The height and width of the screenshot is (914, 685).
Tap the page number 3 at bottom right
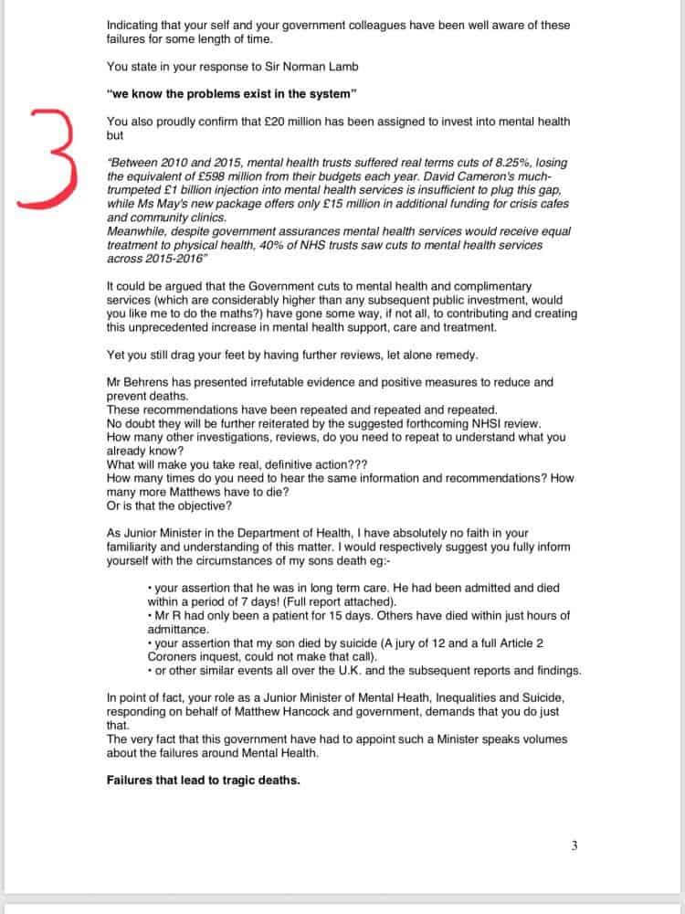[x=574, y=845]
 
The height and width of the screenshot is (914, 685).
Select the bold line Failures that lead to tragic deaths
[x=203, y=780]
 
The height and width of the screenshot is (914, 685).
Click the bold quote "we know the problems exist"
[x=231, y=93]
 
